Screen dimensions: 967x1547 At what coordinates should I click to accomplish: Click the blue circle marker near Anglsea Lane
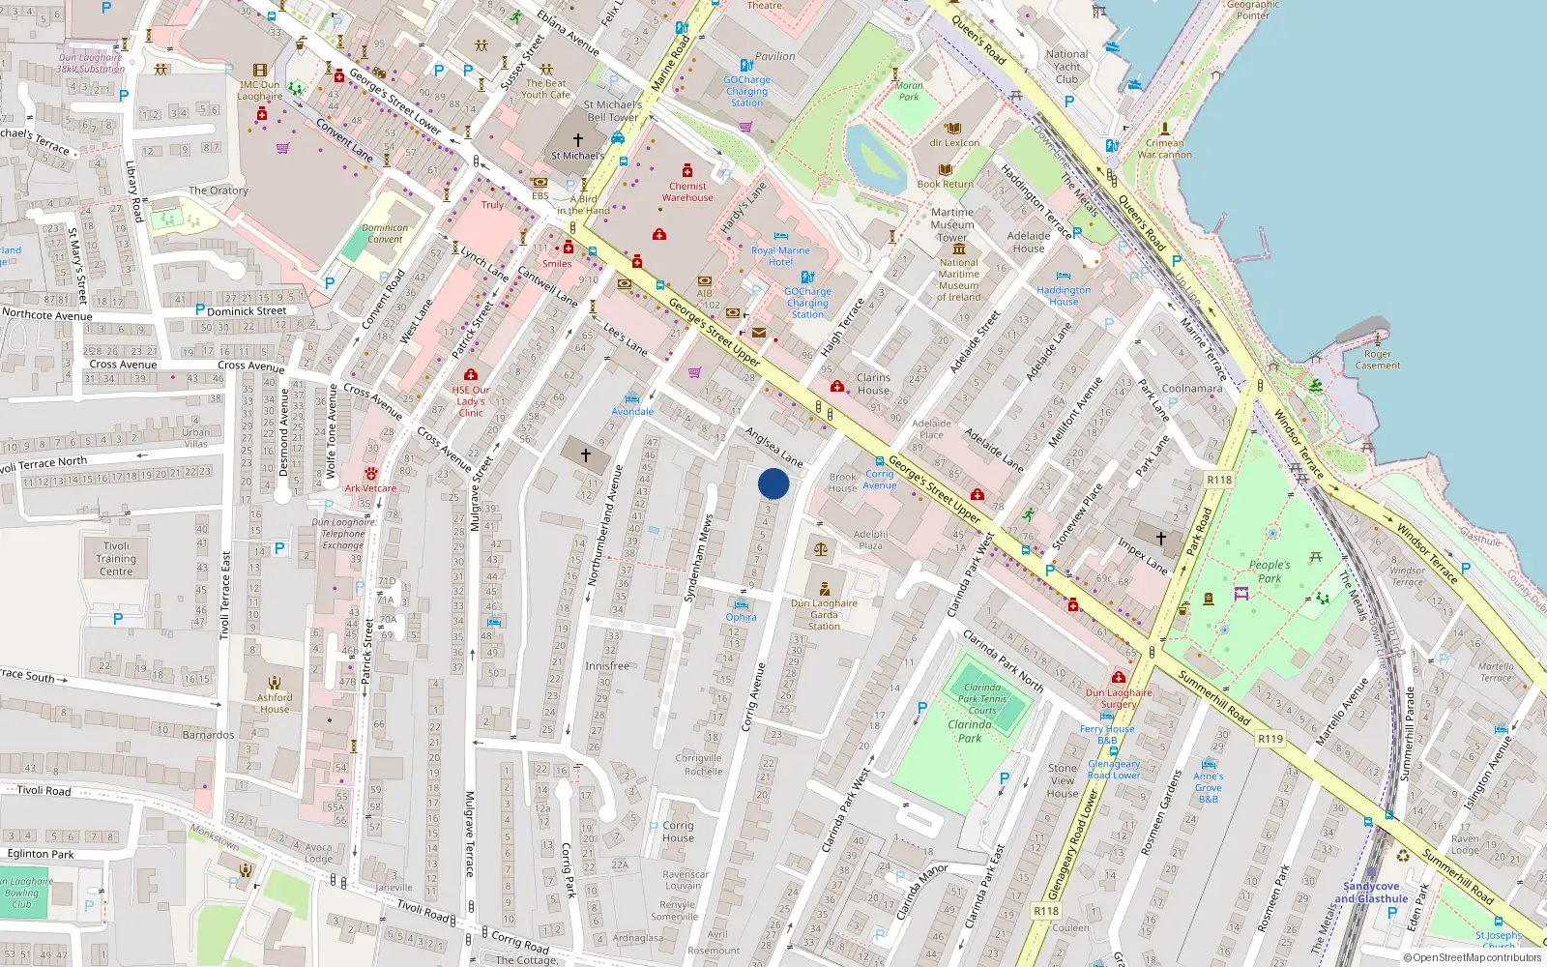[773, 483]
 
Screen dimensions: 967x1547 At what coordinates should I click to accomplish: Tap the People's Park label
[1269, 571]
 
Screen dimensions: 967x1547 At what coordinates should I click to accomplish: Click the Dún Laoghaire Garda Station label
[824, 614]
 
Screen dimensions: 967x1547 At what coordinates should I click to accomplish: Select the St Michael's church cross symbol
[578, 140]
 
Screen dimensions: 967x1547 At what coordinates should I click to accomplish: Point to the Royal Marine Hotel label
[780, 256]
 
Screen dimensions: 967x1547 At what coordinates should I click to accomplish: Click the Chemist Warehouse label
[687, 191]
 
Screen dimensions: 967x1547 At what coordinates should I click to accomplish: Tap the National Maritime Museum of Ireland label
[958, 279]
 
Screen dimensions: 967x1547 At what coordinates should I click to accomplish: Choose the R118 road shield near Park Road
[1219, 480]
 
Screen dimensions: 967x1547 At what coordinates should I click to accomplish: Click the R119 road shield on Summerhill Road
[1270, 739]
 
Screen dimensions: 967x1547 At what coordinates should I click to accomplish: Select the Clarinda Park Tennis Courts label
[982, 699]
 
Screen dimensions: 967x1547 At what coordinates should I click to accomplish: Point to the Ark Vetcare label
[370, 488]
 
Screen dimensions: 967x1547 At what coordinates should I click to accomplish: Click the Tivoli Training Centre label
[116, 559]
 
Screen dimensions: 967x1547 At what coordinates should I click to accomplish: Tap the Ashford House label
[275, 703]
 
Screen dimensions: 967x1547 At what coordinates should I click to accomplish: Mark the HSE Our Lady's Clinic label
[471, 401]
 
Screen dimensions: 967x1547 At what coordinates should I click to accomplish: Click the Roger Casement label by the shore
[1378, 360]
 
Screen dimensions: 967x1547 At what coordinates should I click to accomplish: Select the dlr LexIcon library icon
[953, 129]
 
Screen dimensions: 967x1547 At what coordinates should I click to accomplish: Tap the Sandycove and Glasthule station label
[1371, 893]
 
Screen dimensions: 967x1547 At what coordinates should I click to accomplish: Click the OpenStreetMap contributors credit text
[1472, 958]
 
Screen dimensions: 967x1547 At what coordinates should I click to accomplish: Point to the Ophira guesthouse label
[741, 617]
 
